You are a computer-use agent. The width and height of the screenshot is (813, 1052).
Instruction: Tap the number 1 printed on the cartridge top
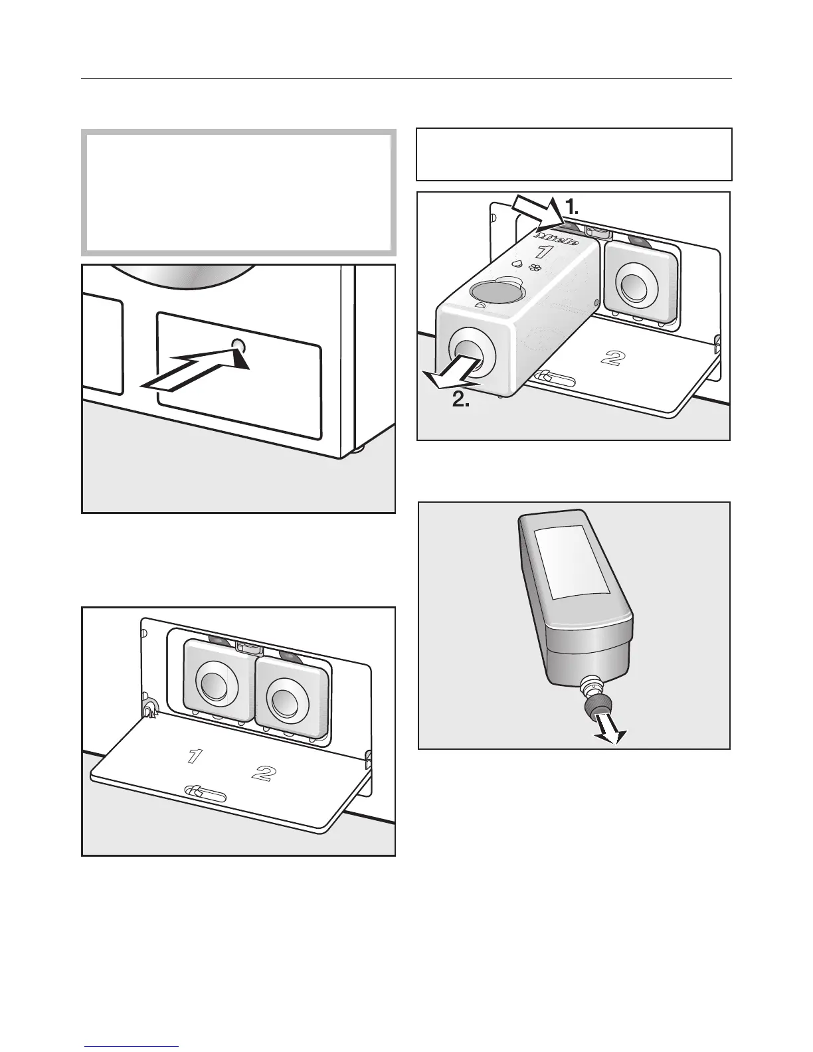(543, 252)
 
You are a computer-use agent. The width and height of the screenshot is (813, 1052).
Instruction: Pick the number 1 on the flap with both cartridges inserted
(193, 755)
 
